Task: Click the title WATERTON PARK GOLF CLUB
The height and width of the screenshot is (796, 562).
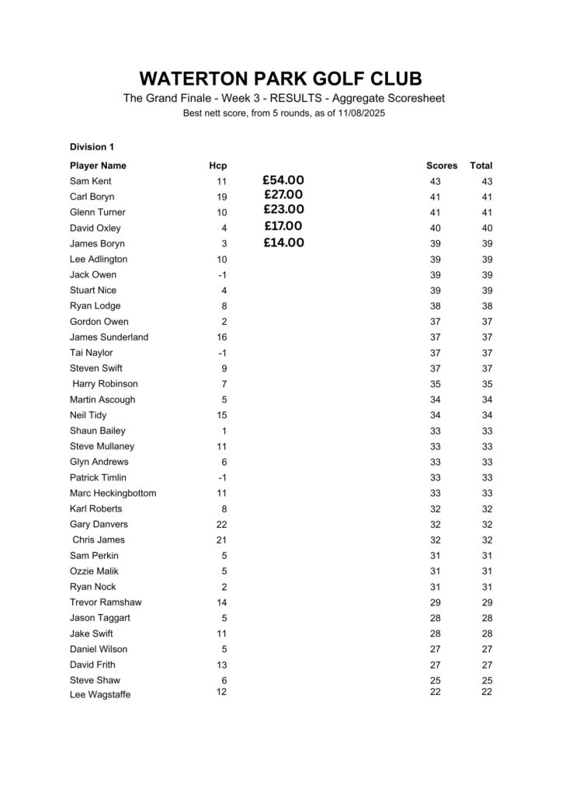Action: pyautogui.click(x=281, y=79)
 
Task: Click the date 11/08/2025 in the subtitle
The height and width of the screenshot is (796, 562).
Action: pyautogui.click(x=357, y=113)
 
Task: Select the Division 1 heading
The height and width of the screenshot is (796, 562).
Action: pyautogui.click(x=92, y=146)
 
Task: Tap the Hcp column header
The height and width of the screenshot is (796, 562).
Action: pyautogui.click(x=218, y=166)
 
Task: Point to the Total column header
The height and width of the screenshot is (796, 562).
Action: pyautogui.click(x=481, y=166)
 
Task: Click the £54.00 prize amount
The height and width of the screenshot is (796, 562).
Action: pyautogui.click(x=284, y=180)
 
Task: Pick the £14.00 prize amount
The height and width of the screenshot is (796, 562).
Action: pyautogui.click(x=284, y=243)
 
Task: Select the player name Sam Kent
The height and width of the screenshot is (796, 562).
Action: pyautogui.click(x=90, y=181)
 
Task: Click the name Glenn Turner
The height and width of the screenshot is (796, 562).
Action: pyautogui.click(x=98, y=212)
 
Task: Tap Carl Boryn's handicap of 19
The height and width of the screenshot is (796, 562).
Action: pyautogui.click(x=222, y=197)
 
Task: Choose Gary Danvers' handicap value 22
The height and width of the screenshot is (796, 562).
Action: pyautogui.click(x=222, y=525)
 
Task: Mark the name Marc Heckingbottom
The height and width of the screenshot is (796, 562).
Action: pyautogui.click(x=113, y=493)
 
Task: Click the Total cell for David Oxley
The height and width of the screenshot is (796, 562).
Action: pyautogui.click(x=487, y=228)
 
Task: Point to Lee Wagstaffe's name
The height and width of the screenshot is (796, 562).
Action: pyautogui.click(x=100, y=695)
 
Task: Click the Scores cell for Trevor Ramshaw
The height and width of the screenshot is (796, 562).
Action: pyautogui.click(x=435, y=602)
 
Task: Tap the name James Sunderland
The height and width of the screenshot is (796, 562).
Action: pyautogui.click(x=109, y=337)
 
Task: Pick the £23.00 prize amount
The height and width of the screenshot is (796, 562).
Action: pyautogui.click(x=284, y=209)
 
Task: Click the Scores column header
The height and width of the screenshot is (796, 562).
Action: pyautogui.click(x=442, y=166)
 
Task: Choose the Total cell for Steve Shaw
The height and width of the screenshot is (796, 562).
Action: pyautogui.click(x=487, y=681)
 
